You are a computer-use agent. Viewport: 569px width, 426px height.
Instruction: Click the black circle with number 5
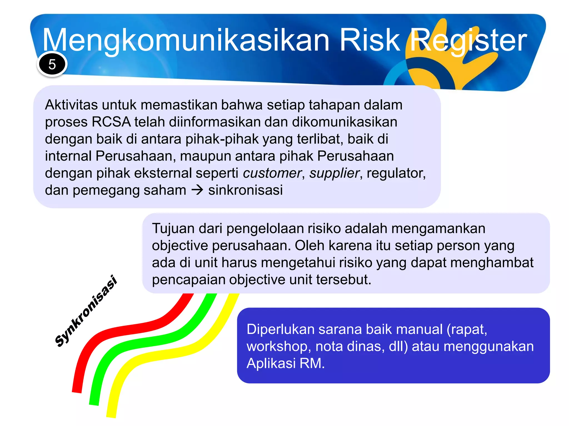click(x=52, y=64)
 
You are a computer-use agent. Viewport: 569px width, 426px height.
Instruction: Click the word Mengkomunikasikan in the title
click(x=186, y=40)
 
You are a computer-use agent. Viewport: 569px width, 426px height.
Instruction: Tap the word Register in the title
click(x=468, y=40)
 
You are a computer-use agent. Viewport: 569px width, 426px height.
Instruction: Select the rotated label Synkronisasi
click(x=86, y=311)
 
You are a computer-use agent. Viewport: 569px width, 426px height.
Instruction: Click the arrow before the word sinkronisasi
click(x=197, y=190)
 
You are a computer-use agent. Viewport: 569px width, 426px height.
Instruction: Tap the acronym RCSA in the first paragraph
click(x=111, y=122)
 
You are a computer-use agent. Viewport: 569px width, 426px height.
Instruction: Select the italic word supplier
click(x=335, y=173)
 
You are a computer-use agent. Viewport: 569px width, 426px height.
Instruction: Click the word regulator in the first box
click(x=396, y=173)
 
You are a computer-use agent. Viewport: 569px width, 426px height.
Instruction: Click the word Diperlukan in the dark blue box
click(x=280, y=329)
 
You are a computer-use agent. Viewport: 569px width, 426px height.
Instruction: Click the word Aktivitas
click(x=71, y=105)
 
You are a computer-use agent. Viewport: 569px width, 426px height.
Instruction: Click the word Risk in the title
click(x=370, y=40)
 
